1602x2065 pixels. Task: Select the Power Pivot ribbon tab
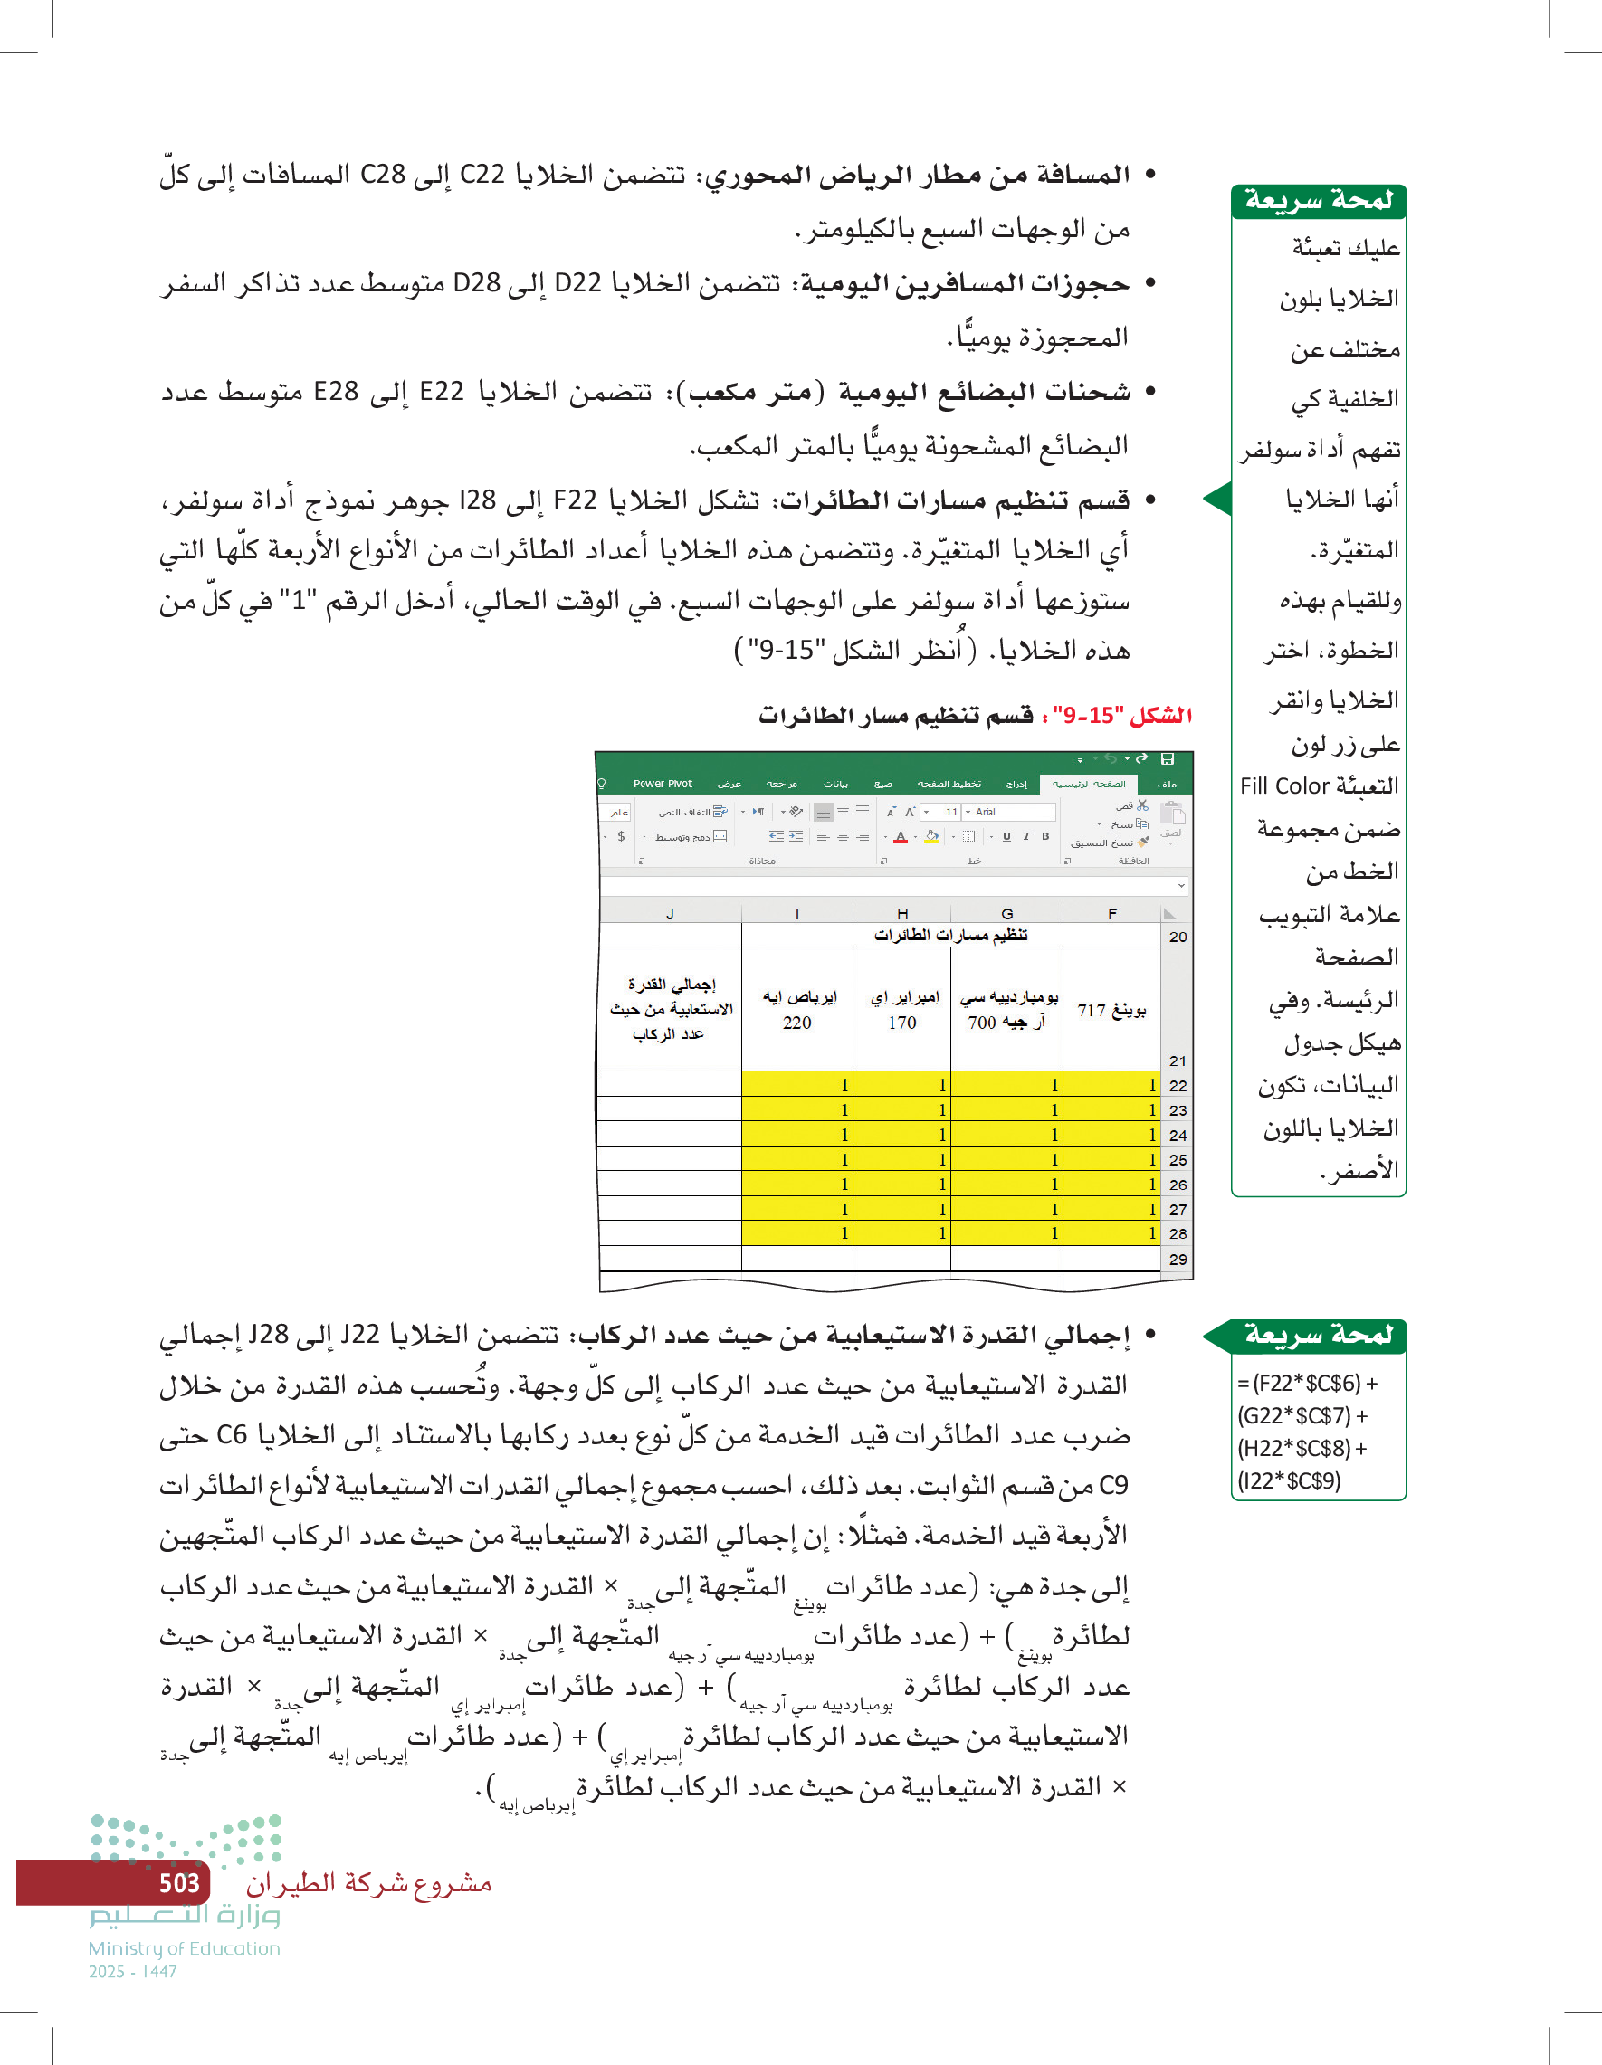(x=662, y=784)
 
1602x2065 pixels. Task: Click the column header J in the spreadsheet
(x=670, y=913)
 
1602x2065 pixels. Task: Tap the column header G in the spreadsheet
(x=1006, y=913)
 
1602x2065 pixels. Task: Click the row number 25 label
(x=1178, y=1159)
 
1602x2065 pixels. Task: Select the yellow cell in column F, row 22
(x=1111, y=1084)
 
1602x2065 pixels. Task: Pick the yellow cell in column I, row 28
(x=796, y=1233)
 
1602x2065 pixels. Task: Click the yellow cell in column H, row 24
(x=901, y=1135)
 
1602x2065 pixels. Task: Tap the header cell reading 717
(x=1111, y=1011)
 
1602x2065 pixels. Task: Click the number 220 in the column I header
(x=796, y=1023)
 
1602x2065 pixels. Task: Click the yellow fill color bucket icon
(x=931, y=836)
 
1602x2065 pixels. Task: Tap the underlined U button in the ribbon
(x=1006, y=836)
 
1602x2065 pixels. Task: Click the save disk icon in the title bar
(x=1167, y=758)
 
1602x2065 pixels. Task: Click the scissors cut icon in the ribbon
(x=1142, y=805)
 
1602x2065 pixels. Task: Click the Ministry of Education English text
(x=185, y=1948)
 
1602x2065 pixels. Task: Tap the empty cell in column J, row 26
(x=670, y=1184)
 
